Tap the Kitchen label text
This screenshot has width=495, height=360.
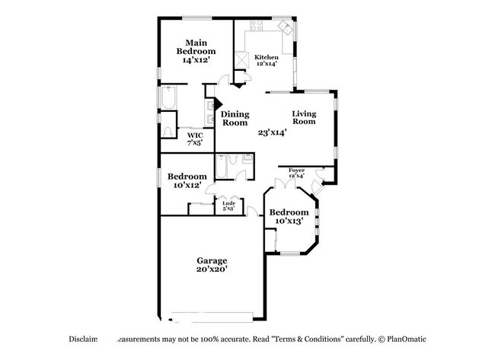[266, 57]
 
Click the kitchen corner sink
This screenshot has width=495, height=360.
[285, 28]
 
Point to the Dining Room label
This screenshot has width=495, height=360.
[235, 118]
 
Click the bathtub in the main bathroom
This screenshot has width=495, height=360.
[168, 99]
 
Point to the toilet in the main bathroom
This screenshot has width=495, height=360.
[168, 131]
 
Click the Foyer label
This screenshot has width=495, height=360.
[296, 170]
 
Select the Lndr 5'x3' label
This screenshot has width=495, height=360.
[227, 205]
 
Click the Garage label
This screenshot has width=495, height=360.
[212, 260]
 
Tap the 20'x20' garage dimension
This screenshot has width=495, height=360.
[212, 269]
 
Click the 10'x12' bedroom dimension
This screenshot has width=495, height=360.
[186, 186]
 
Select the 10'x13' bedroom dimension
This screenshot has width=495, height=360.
[289, 221]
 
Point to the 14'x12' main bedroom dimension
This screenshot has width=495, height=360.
[196, 59]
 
